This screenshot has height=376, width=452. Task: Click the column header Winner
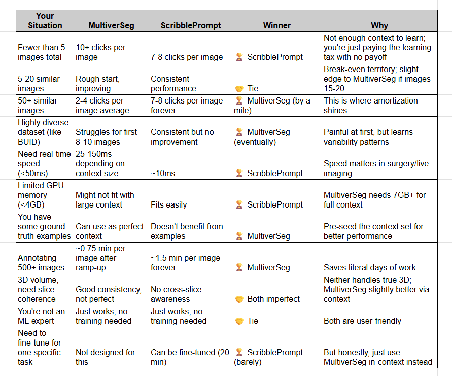click(277, 25)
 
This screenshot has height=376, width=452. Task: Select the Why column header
click(380, 25)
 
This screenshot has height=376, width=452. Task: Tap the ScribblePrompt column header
click(191, 25)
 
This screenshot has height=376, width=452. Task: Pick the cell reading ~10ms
click(163, 173)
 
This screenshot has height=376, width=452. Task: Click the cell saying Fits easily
click(169, 204)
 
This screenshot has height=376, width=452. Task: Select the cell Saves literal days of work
click(370, 267)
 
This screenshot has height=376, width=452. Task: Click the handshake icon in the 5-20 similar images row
click(239, 89)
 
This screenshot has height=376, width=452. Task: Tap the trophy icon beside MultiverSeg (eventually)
click(239, 132)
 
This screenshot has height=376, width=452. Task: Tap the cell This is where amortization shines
click(371, 105)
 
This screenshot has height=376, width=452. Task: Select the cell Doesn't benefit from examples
click(187, 231)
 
